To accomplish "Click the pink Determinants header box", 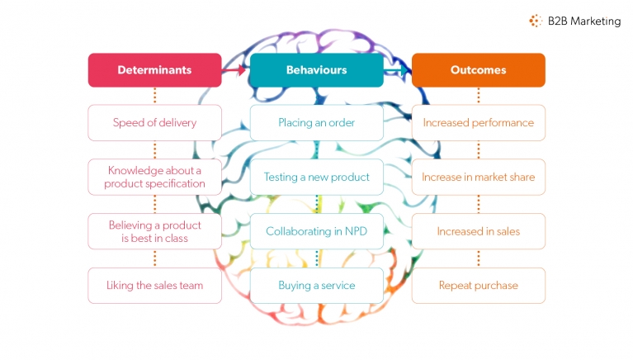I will pyautogui.click(x=154, y=70).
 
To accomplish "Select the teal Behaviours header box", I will pyautogui.click(x=316, y=70).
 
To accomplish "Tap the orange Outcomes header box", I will pyautogui.click(x=478, y=70).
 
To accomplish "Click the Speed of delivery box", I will pyautogui.click(x=154, y=123).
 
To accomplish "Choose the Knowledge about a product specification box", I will pyautogui.click(x=154, y=177).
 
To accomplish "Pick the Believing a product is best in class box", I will pyautogui.click(x=154, y=231).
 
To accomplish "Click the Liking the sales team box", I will pyautogui.click(x=154, y=286).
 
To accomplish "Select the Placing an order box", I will pyautogui.click(x=316, y=123).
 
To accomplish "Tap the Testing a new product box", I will pyautogui.click(x=316, y=177).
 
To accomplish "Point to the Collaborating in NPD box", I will pyautogui.click(x=316, y=231).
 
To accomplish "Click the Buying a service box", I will pyautogui.click(x=316, y=286).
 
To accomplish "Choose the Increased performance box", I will pyautogui.click(x=478, y=123).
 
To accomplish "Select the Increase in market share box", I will pyautogui.click(x=478, y=177).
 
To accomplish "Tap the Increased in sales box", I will pyautogui.click(x=478, y=231).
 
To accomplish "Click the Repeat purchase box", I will pyautogui.click(x=478, y=286).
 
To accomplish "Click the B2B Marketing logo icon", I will pyautogui.click(x=536, y=21).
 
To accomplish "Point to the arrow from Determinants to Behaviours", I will pyautogui.click(x=235, y=70).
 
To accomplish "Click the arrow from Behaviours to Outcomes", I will pyautogui.click(x=398, y=70).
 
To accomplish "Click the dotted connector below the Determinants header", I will pyautogui.click(x=154, y=96).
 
